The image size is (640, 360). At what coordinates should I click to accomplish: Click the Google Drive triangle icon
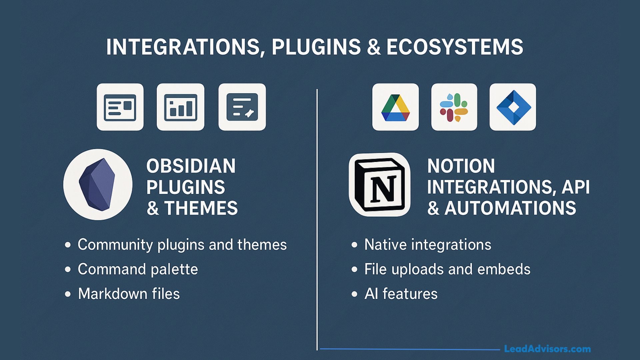[395, 107]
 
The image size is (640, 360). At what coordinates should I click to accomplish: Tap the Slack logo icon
[454, 107]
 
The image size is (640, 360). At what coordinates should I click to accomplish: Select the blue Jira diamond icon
[513, 107]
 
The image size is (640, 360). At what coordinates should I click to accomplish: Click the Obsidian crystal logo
[97, 184]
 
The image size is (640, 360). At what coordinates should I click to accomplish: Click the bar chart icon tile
[180, 107]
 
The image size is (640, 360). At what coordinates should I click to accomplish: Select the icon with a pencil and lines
[242, 107]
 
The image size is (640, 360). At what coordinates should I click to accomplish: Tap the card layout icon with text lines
[120, 107]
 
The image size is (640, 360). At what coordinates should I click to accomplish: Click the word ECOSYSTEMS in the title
[455, 47]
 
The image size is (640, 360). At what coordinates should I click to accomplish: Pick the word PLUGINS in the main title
[316, 47]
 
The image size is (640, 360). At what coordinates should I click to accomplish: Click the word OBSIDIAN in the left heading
[191, 166]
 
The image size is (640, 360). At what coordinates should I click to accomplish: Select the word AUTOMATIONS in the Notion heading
[510, 208]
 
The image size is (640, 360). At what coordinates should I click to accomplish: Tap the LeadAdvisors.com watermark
[547, 349]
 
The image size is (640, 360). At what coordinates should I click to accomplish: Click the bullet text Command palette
[138, 269]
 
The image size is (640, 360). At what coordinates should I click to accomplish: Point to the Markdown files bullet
[129, 294]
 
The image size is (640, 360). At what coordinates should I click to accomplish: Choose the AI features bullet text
[401, 294]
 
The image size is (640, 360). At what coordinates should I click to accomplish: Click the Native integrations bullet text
[428, 245]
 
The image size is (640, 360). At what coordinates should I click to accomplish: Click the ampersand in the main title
[374, 47]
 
